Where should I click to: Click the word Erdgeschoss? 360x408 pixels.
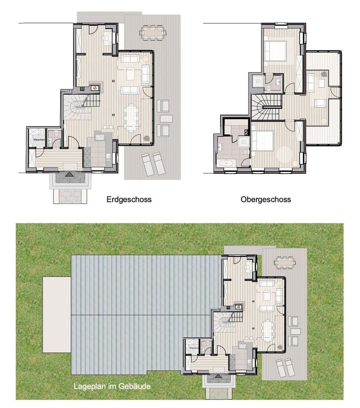[129, 199]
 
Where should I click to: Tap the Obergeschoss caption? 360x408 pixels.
[265, 199]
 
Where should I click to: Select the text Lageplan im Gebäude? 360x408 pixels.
[112, 386]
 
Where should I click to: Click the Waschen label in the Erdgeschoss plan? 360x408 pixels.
[39, 139]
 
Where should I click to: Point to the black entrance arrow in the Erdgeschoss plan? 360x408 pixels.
[69, 174]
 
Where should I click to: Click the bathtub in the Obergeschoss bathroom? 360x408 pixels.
[225, 163]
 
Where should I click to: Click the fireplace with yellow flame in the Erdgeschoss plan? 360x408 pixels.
[95, 88]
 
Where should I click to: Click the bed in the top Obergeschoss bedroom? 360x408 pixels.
[276, 51]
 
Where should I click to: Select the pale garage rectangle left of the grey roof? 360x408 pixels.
[57, 315]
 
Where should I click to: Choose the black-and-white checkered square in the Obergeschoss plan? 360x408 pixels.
[246, 132]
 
